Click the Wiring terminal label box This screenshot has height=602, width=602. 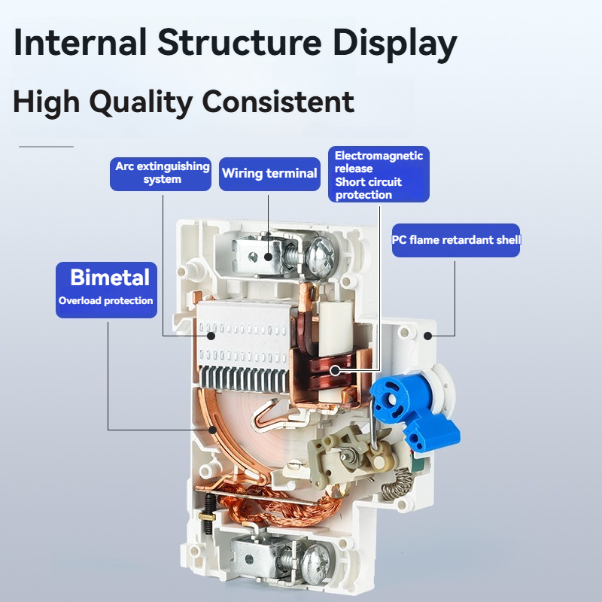point(269,174)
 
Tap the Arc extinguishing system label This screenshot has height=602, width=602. point(160,174)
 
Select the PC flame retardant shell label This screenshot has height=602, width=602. point(456,240)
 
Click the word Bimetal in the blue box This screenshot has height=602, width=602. point(110,277)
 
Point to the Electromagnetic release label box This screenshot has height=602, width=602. point(379,175)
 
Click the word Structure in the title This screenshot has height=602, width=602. point(239,42)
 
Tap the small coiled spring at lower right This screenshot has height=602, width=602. point(397,485)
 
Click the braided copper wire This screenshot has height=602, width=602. point(280,503)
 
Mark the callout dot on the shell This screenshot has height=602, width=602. point(427,336)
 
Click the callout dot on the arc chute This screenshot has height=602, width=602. point(211,336)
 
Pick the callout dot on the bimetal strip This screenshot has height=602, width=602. point(212,430)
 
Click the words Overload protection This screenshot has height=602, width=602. point(106,300)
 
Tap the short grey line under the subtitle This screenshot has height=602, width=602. point(46,147)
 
